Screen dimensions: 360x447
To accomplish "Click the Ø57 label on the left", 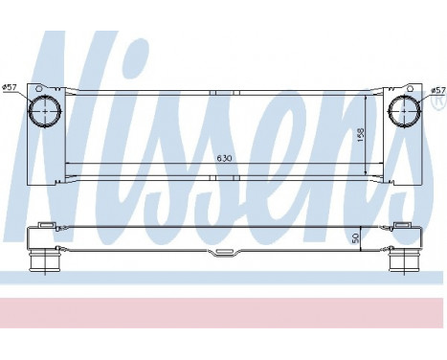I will [x=11, y=88].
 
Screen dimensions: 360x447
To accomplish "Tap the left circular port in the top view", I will [x=44, y=113].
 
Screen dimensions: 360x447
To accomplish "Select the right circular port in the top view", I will [x=402, y=113].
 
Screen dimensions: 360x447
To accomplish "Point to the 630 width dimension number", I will [x=222, y=157].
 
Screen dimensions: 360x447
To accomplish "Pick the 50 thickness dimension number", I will [x=355, y=238].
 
